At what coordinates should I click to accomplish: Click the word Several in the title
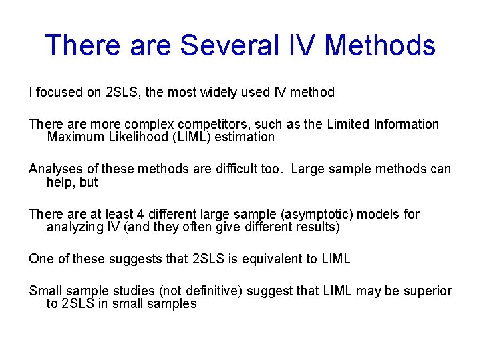point(224,46)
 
